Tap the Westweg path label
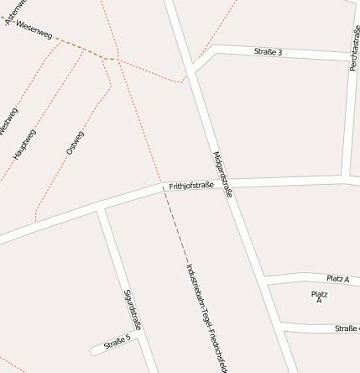click(8, 121)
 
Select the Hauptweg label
click(24, 144)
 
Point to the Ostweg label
click(75, 142)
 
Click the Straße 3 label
click(268, 52)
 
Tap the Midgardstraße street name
click(222, 174)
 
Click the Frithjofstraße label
click(191, 186)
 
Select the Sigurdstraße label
click(133, 310)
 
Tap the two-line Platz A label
click(319, 297)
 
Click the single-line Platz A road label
click(338, 278)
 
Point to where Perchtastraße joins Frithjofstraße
click(349, 178)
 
